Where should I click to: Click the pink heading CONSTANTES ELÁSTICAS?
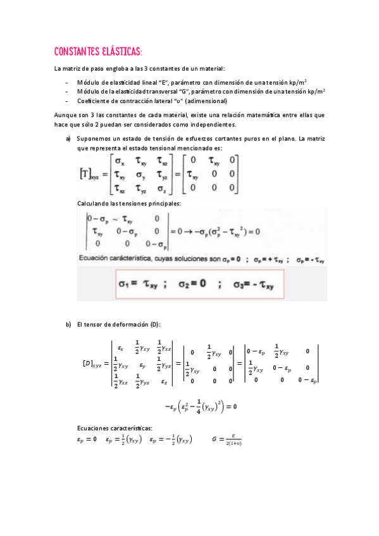[98, 51]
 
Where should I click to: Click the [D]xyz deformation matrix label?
[93, 363]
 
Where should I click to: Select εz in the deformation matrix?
[164, 381]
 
